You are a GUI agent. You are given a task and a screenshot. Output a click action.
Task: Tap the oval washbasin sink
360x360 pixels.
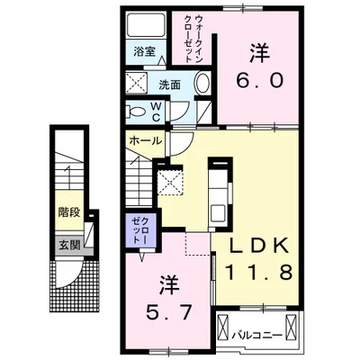coord(201,85)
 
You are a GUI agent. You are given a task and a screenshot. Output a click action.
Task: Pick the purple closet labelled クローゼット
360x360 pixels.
coord(137,231)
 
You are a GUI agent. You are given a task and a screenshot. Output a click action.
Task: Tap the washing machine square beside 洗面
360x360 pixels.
coord(139,85)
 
